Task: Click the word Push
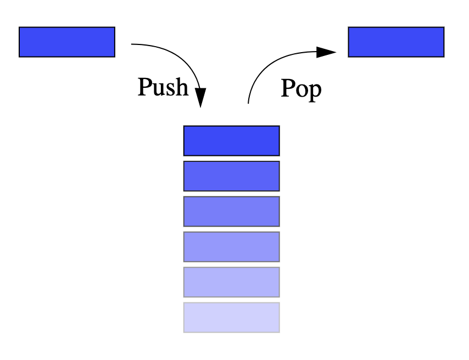pyautogui.click(x=163, y=87)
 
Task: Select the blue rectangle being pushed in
pyautogui.click(x=67, y=42)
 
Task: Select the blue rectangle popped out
pyautogui.click(x=396, y=42)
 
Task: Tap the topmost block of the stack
pyautogui.click(x=231, y=140)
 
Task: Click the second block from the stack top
pyautogui.click(x=231, y=176)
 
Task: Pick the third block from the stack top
pyautogui.click(x=231, y=211)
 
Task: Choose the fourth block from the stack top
pyautogui.click(x=231, y=246)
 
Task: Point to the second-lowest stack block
pyautogui.click(x=231, y=282)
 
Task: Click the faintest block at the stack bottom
pyautogui.click(x=231, y=317)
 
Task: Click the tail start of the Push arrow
pyautogui.click(x=133, y=44)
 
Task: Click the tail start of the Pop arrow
pyautogui.click(x=249, y=102)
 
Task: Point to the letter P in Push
pyautogui.click(x=144, y=86)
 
